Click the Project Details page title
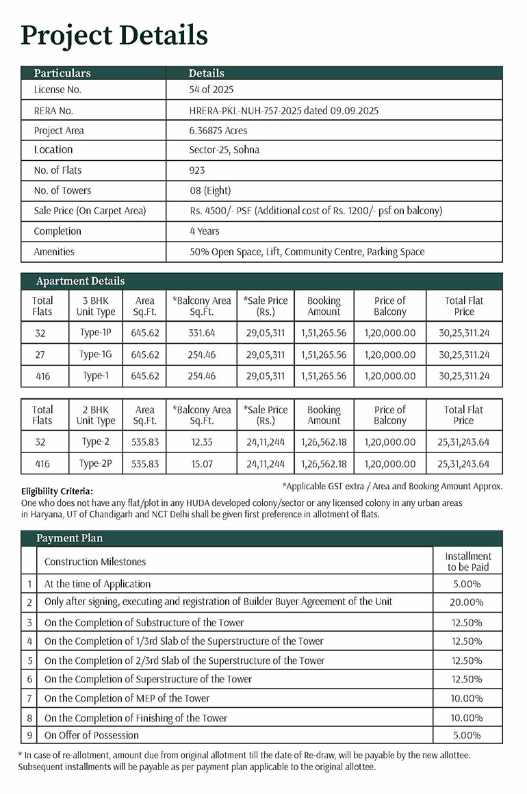114,35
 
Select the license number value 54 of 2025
211,90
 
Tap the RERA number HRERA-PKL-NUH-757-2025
283,110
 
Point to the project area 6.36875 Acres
218,130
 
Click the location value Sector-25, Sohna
224,150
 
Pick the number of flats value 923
197,170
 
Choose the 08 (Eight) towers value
210,190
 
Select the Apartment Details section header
80,281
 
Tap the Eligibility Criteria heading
57,491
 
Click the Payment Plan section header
69,538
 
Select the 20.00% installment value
468,602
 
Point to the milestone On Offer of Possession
92,735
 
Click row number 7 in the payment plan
29,698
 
